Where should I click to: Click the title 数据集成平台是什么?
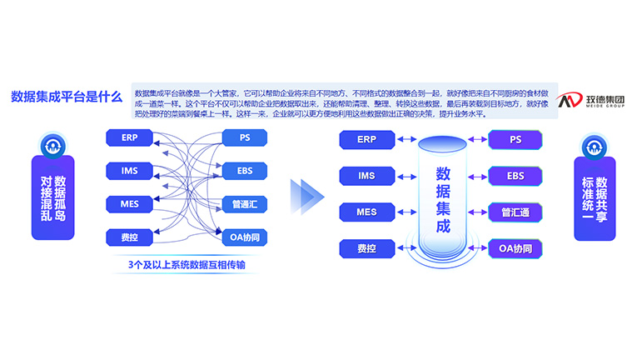tap(66, 97)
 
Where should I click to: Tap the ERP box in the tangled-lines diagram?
tap(129, 137)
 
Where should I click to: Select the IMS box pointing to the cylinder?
tap(366, 176)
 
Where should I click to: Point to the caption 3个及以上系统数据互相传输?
tap(187, 265)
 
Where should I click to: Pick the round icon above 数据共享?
tap(595, 147)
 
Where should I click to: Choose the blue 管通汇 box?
tap(244, 203)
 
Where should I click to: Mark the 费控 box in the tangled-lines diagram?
tap(129, 237)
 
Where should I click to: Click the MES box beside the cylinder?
tap(366, 212)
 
